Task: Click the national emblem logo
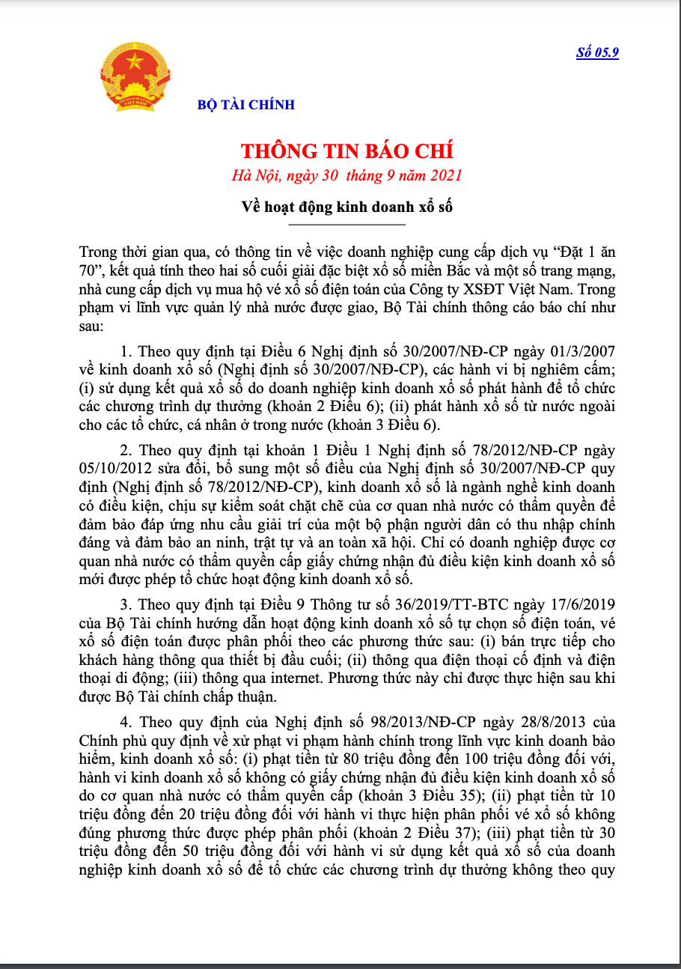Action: (x=135, y=77)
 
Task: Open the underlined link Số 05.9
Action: (x=597, y=52)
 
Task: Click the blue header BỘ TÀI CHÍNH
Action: (x=246, y=105)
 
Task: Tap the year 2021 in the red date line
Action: (x=446, y=176)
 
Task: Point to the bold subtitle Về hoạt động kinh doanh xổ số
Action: (x=346, y=206)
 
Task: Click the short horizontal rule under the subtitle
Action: (x=346, y=225)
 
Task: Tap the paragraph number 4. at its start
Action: (x=126, y=722)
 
